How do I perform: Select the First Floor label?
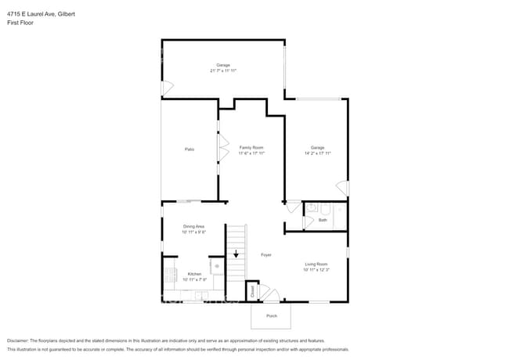[20, 23]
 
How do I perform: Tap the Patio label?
[189, 149]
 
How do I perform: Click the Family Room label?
[251, 147]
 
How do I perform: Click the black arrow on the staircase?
[236, 254]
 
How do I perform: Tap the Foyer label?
[265, 255]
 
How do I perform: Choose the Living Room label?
[316, 265]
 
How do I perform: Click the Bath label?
[323, 220]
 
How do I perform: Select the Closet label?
[252, 291]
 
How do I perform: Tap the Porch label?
[271, 316]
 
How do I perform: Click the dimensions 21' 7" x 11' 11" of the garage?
[222, 70]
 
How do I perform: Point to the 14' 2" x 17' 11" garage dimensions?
[317, 153]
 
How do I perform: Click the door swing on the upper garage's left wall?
[166, 88]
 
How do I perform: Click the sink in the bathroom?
[310, 208]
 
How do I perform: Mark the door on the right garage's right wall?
[342, 188]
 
